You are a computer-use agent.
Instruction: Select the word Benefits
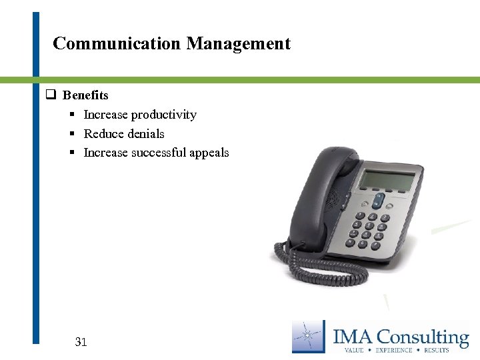point(85,95)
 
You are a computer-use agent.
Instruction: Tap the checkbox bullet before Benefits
point(49,95)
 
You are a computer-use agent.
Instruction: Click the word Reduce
point(103,133)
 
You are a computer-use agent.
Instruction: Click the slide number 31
point(81,342)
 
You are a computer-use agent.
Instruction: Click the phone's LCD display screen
point(387,179)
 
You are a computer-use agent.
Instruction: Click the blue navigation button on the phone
point(378,200)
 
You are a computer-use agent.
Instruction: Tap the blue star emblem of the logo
point(307,335)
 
